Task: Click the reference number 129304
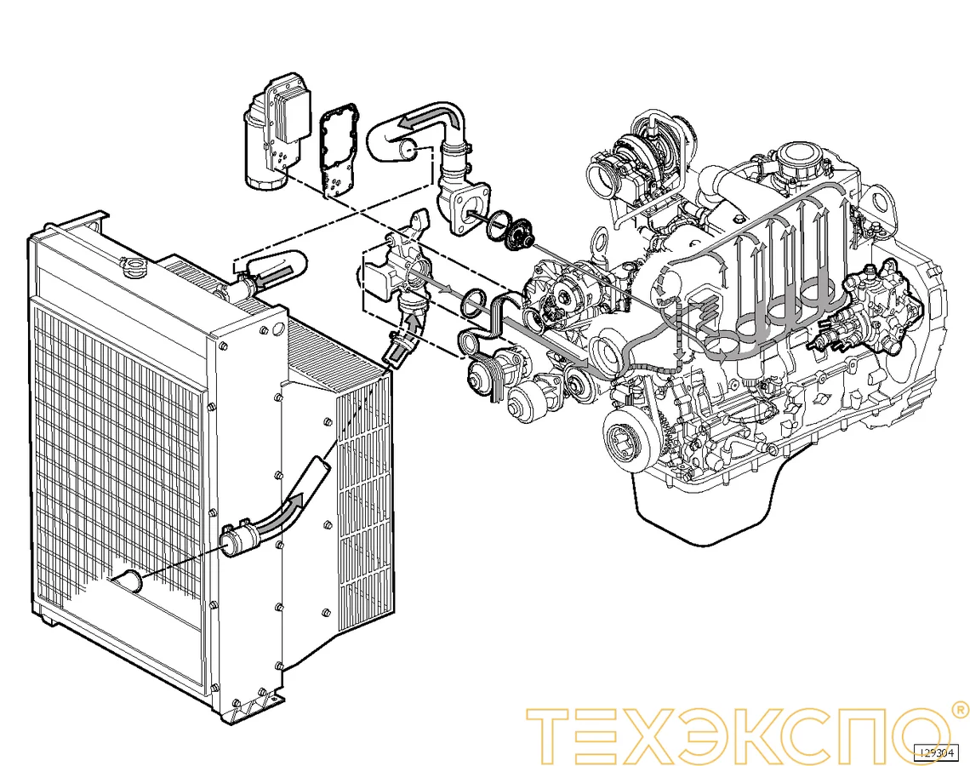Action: (x=937, y=752)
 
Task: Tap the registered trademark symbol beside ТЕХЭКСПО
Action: (x=959, y=709)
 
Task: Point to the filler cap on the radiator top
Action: (x=134, y=268)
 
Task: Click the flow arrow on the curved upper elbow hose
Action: (x=425, y=118)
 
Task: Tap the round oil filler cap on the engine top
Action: (x=798, y=158)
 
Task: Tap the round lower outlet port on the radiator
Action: (x=130, y=582)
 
